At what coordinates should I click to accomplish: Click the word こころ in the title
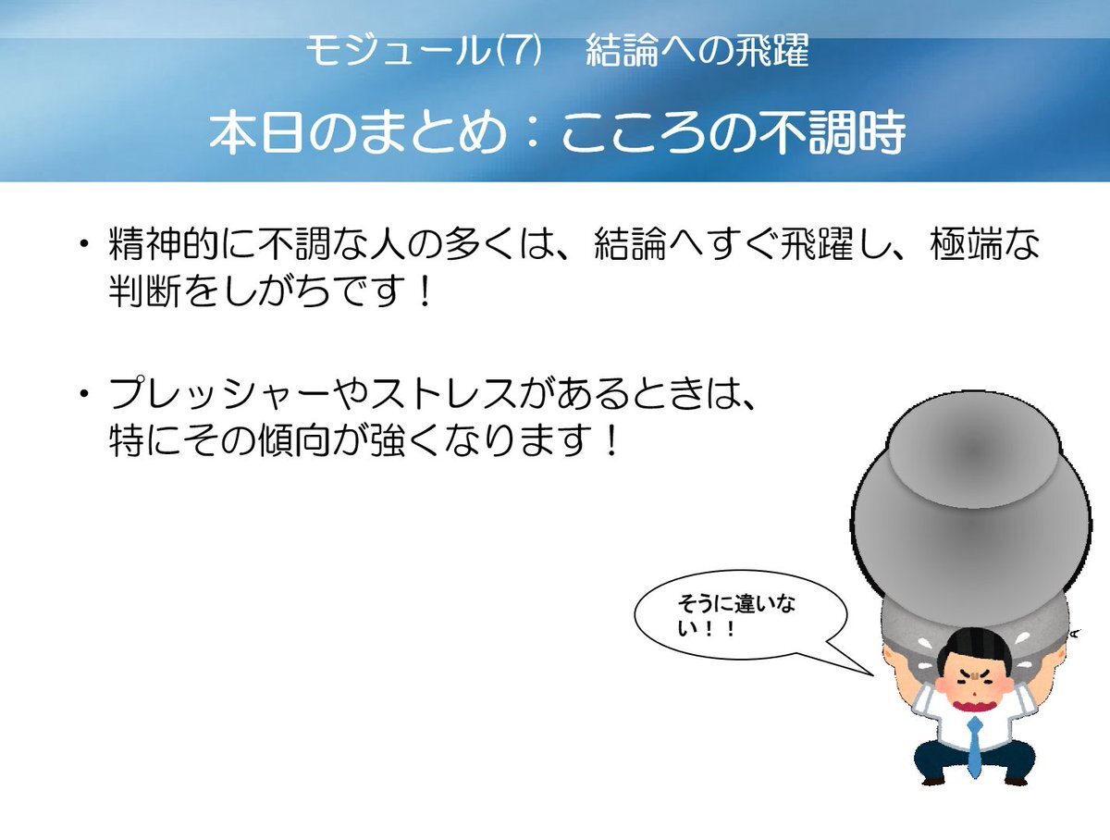click(634, 132)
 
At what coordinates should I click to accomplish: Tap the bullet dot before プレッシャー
click(84, 393)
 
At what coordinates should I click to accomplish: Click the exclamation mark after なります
click(612, 440)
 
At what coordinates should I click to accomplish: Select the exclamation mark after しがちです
click(425, 291)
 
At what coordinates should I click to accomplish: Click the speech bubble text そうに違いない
click(735, 616)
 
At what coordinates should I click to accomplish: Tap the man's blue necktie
click(974, 747)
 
